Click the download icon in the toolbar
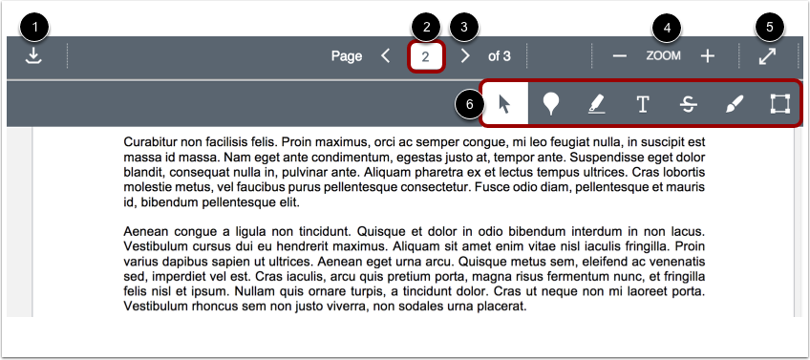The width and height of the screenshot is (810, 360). [34, 56]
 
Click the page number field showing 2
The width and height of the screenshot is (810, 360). [426, 56]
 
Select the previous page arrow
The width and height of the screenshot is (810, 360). [385, 56]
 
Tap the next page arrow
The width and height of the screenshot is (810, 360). [465, 56]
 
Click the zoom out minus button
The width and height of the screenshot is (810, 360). [620, 56]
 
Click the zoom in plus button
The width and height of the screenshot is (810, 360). [708, 56]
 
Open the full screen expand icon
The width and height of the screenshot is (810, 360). [767, 56]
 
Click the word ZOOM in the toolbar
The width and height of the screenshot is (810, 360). [663, 56]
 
